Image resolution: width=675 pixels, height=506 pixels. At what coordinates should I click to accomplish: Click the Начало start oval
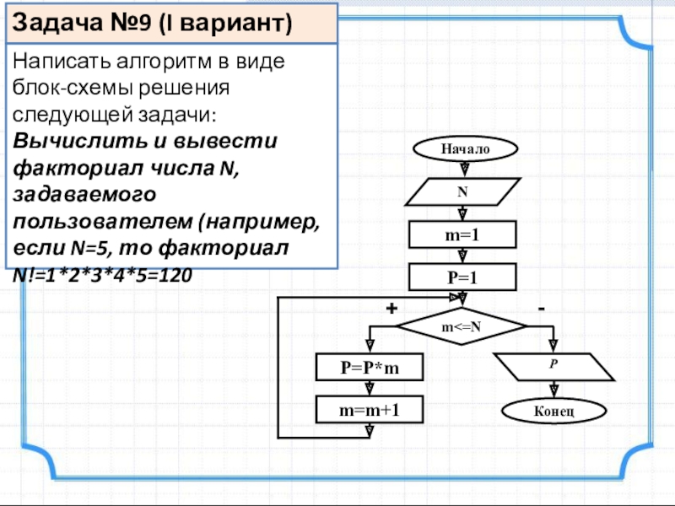[x=463, y=148]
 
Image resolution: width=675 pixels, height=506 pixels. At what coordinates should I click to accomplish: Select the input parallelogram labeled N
[x=462, y=192]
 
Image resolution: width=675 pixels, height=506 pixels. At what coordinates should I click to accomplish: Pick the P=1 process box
[x=462, y=277]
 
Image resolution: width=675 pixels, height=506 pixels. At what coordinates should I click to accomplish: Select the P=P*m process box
[x=370, y=368]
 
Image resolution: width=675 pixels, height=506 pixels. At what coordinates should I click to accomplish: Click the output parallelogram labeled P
[x=553, y=368]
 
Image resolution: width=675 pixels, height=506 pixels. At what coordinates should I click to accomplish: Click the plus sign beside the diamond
[x=391, y=309]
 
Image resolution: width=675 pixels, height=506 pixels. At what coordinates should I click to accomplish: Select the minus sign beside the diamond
[x=541, y=309]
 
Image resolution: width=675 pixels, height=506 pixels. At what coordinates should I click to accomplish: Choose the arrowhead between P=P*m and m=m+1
[x=370, y=388]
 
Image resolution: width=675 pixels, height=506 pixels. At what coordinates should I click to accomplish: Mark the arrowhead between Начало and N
[x=462, y=169]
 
